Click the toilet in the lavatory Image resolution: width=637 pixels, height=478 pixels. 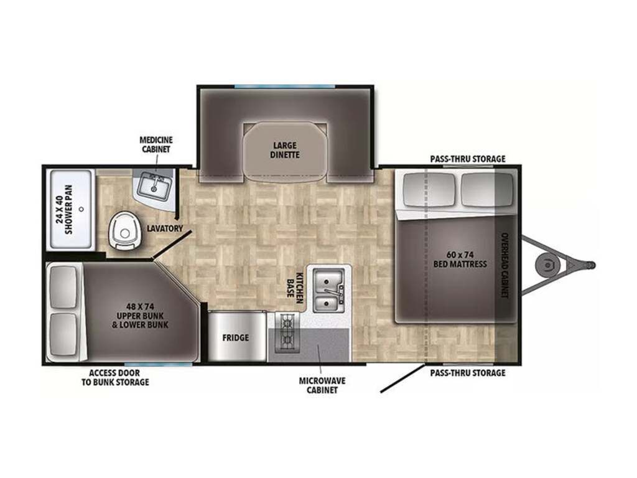click(124, 230)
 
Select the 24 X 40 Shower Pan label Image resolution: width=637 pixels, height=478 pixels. click(65, 209)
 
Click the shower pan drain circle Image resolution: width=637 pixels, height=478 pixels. click(81, 209)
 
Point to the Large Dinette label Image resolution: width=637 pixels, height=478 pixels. click(285, 150)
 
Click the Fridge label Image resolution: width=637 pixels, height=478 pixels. click(236, 337)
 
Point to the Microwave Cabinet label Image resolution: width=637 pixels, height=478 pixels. click(322, 385)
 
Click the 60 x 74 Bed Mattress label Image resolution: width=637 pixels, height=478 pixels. click(460, 260)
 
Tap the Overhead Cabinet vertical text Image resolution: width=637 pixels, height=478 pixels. click(504, 265)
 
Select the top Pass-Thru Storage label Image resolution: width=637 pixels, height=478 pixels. click(468, 159)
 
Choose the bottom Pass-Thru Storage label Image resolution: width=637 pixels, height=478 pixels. click(468, 373)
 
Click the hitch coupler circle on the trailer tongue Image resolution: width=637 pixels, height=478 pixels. click(547, 265)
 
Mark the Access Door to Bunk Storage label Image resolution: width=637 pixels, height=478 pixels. click(115, 378)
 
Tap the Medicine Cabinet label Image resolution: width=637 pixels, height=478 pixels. click(156, 144)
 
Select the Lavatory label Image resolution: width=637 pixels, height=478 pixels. click(165, 228)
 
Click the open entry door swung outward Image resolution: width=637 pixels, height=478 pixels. click(403, 378)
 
